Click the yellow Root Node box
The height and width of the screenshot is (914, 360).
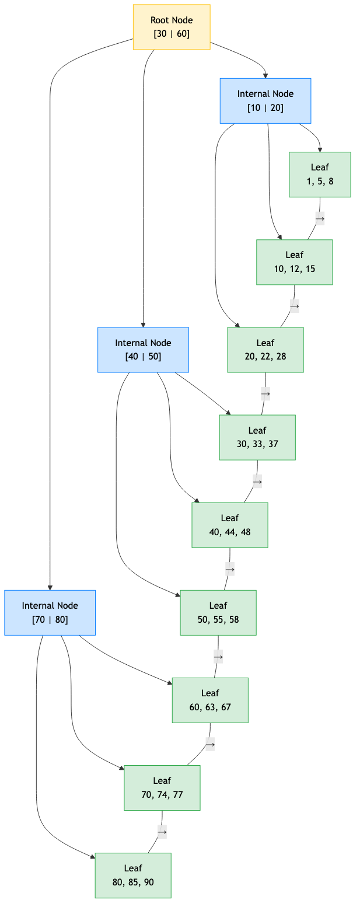click(x=172, y=27)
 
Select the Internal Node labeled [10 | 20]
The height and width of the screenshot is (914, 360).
click(x=265, y=100)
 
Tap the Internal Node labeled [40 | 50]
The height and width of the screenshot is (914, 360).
click(x=143, y=350)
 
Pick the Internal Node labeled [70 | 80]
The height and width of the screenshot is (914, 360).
click(x=50, y=612)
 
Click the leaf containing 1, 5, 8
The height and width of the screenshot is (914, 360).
click(x=320, y=174)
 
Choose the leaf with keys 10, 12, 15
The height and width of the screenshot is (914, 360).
click(x=295, y=262)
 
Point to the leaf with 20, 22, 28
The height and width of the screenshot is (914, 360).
click(x=265, y=350)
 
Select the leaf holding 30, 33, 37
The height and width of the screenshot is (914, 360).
click(x=257, y=437)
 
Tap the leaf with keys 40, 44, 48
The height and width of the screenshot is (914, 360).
click(x=230, y=525)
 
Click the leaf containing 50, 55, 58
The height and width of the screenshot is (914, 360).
click(x=218, y=612)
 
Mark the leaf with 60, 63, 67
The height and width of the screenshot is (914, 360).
click(x=210, y=700)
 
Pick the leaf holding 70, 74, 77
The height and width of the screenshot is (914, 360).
click(x=162, y=787)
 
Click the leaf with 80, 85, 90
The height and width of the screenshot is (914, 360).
click(x=133, y=875)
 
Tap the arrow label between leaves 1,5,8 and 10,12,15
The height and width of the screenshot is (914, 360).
click(x=320, y=218)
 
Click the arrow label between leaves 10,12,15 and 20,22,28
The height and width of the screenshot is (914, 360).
click(x=295, y=306)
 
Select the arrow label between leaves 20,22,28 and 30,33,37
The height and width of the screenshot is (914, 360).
click(x=265, y=393)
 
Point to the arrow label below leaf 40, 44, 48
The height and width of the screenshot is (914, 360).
click(x=230, y=568)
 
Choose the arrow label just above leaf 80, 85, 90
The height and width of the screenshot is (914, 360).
click(x=162, y=831)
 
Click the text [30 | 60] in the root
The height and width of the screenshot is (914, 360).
click(x=172, y=33)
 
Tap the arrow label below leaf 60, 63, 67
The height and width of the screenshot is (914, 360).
click(x=210, y=744)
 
